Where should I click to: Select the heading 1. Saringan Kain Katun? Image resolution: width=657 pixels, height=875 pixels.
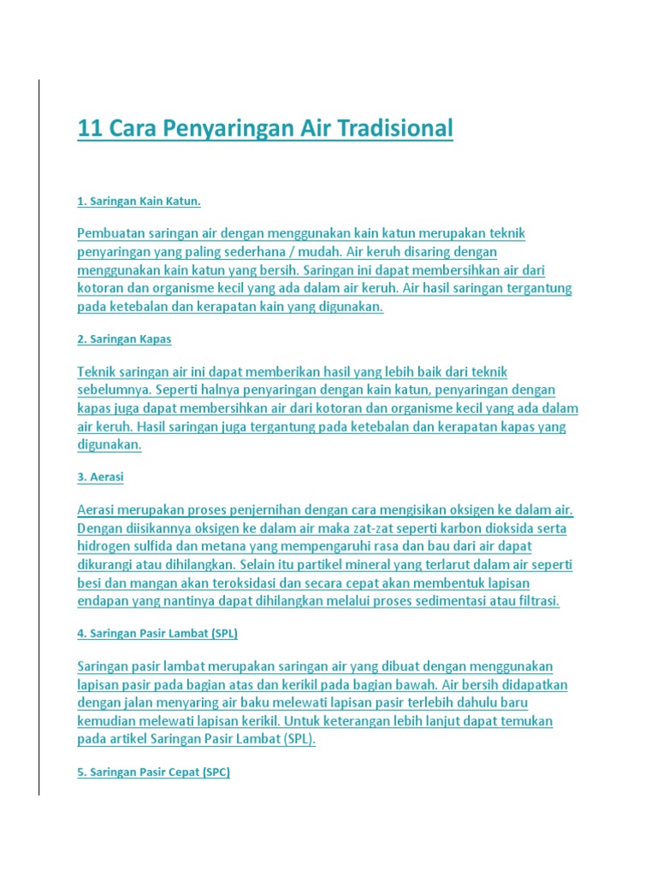point(139,201)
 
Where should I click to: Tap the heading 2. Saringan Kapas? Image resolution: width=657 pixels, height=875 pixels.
point(124,339)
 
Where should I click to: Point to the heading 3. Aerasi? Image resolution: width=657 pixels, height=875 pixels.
point(100,477)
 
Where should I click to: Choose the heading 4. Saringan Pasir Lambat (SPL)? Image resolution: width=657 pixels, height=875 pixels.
point(157,634)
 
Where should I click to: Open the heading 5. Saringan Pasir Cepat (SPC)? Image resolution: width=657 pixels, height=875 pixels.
point(154,772)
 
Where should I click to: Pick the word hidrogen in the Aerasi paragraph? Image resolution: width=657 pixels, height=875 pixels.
point(104,547)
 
